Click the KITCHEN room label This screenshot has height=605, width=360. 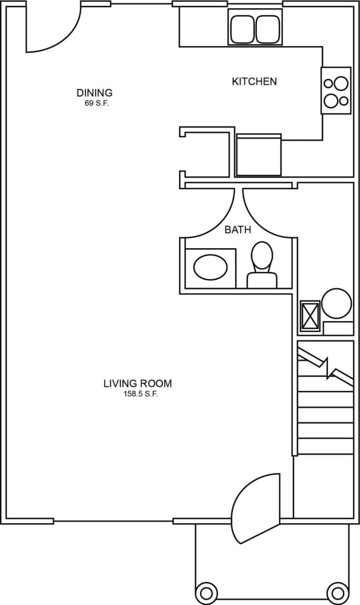tap(254, 82)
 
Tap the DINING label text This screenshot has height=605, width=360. tap(94, 93)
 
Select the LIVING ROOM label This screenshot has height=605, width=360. tap(137, 384)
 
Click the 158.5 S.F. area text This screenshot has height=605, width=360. tap(141, 394)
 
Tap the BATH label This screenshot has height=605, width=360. tap(238, 230)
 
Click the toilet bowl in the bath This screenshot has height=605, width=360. tap(262, 255)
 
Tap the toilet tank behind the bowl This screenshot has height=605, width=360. tap(262, 280)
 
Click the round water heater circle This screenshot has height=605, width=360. tap(336, 303)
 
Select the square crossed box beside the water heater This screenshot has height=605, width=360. tap(310, 316)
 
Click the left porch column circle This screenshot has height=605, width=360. tap(207, 591)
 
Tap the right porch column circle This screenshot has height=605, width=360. tap(337, 591)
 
